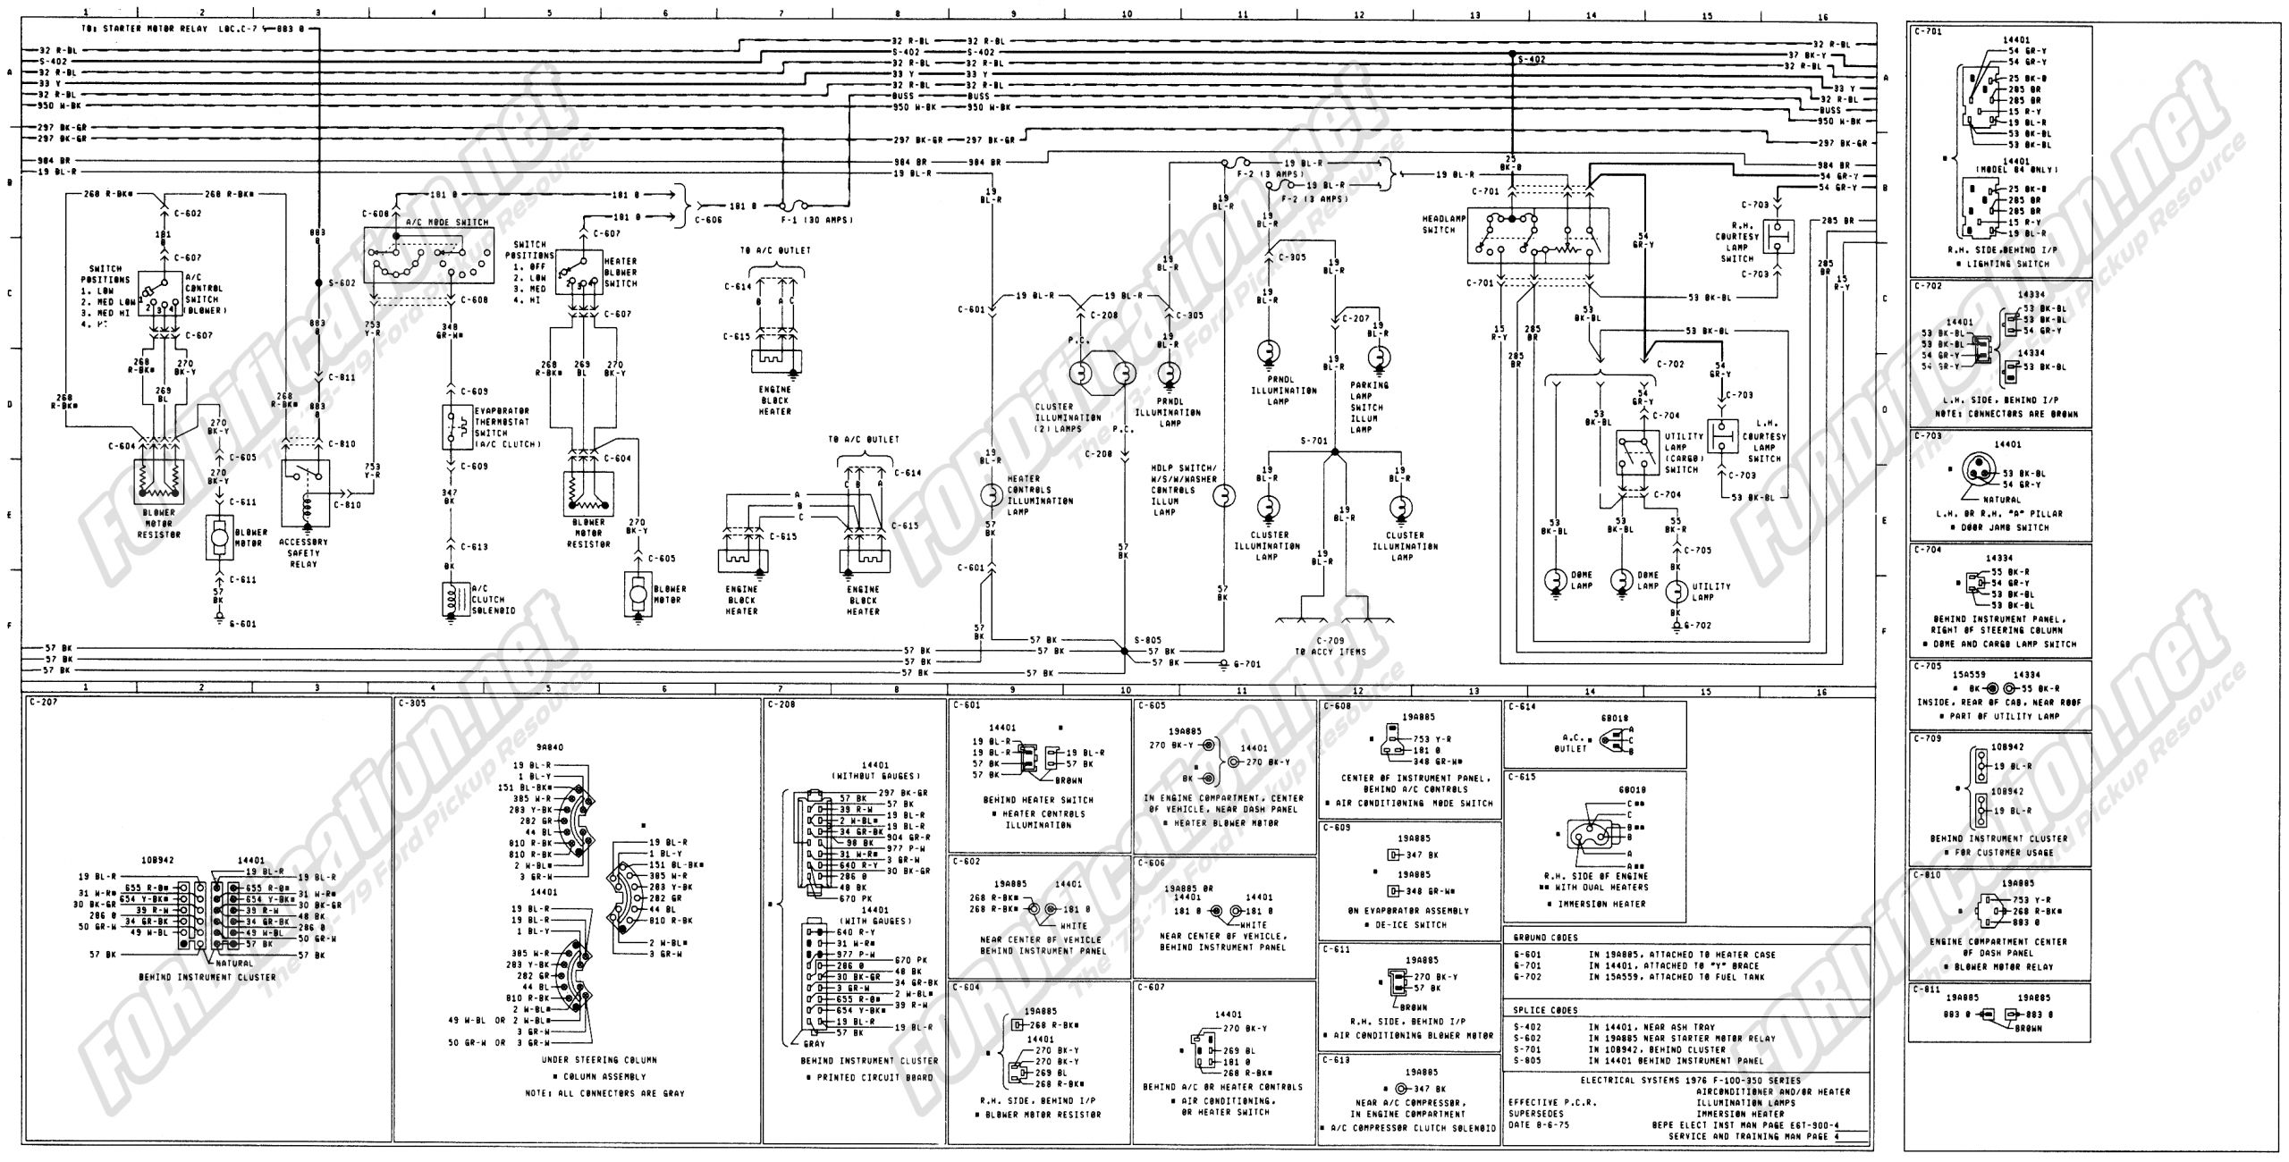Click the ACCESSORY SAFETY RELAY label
click(304, 552)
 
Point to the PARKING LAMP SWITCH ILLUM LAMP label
click(1368, 408)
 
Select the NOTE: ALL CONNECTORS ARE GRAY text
click(604, 1093)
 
